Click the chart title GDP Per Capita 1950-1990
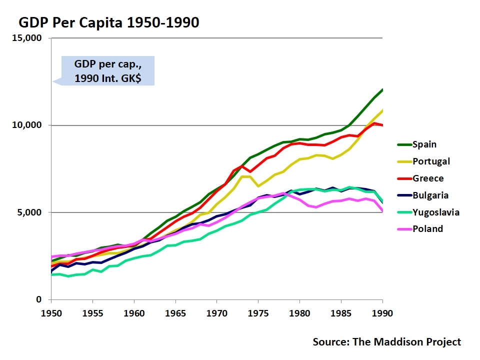[109, 22]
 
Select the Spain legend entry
[424, 144]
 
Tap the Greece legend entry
[428, 178]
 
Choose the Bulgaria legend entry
[430, 195]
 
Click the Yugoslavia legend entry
[435, 212]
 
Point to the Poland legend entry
[427, 229]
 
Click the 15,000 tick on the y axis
[28, 38]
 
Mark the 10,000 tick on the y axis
[28, 125]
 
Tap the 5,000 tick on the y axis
[31, 212]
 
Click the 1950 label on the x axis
[50, 313]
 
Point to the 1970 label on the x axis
[216, 313]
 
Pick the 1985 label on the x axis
[341, 313]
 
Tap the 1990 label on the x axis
[382, 313]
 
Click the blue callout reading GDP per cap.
[107, 71]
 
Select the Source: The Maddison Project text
[386, 342]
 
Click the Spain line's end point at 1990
[382, 89]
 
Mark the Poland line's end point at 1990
[382, 211]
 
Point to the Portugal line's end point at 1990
[382, 110]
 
